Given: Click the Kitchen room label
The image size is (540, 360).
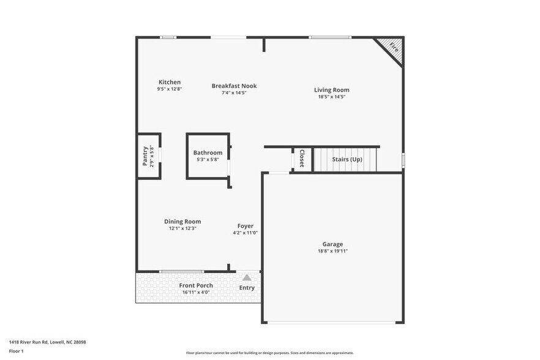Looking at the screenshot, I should [x=170, y=82].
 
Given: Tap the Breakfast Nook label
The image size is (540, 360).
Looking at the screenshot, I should [x=234, y=86].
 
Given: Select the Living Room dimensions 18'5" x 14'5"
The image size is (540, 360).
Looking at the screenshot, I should [x=332, y=97].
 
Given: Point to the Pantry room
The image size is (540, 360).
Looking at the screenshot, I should [x=148, y=156].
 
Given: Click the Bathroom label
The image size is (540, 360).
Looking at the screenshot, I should [x=208, y=152].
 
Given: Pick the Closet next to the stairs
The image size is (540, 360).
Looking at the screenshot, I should [x=301, y=159].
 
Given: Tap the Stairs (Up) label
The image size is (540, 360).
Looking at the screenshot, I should [x=347, y=159].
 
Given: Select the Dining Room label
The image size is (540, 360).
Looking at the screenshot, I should [x=182, y=222].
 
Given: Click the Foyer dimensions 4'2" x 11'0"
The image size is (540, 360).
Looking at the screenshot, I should [x=245, y=233].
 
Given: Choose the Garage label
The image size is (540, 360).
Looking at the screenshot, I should [x=332, y=244].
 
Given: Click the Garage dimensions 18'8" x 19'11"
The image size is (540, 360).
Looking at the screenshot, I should [x=332, y=250].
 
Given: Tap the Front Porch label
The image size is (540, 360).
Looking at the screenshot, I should [x=196, y=285].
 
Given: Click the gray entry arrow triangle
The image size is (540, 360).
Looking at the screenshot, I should [x=247, y=277].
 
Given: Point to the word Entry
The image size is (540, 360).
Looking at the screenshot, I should [x=247, y=288].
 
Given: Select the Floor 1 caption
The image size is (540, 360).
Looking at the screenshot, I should [x=16, y=351].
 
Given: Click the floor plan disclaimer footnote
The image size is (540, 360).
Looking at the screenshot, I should [x=269, y=353].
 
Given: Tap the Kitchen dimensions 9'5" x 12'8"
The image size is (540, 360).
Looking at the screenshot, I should [x=170, y=89].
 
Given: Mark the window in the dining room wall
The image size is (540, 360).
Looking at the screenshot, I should [x=182, y=271].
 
